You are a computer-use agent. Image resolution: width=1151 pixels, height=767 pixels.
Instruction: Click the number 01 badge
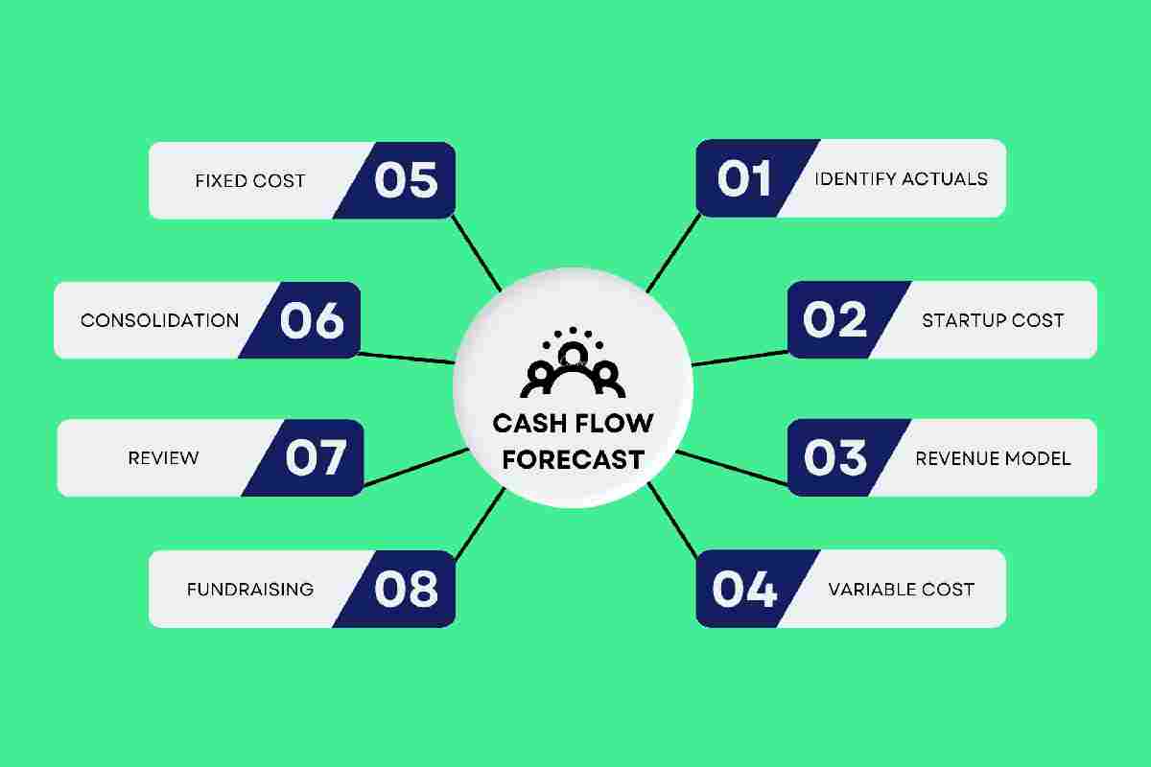click(x=750, y=178)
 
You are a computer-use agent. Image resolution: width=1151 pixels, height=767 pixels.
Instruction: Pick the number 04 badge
click(x=750, y=589)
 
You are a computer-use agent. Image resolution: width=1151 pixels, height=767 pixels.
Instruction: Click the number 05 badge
click(x=401, y=180)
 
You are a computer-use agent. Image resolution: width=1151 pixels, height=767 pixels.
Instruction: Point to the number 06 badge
click(x=306, y=320)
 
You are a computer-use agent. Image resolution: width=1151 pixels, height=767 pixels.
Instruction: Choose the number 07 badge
click(x=309, y=457)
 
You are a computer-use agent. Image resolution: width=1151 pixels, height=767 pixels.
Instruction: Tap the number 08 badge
click(x=401, y=590)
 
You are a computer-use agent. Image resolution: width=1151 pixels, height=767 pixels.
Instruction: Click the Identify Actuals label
click(x=902, y=178)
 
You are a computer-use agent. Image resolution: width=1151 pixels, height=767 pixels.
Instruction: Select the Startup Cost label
click(x=993, y=320)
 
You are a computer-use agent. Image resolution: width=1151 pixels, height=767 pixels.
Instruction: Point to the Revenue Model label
click(x=993, y=458)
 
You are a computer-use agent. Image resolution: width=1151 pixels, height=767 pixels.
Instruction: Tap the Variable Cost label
click(x=902, y=590)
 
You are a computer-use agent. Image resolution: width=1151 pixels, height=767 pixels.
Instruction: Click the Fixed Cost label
click(x=250, y=181)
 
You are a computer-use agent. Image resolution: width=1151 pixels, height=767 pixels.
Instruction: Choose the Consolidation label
click(x=160, y=320)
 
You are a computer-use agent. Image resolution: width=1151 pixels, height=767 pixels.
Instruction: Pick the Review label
click(x=163, y=458)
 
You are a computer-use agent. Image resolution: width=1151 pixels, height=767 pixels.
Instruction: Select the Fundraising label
click(x=250, y=590)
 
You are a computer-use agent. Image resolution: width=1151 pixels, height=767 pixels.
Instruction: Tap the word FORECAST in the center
click(x=573, y=460)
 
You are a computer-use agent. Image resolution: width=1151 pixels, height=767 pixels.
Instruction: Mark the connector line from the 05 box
click(x=477, y=253)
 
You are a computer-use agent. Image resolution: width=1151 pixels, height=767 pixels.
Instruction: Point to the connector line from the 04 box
click(x=672, y=521)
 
